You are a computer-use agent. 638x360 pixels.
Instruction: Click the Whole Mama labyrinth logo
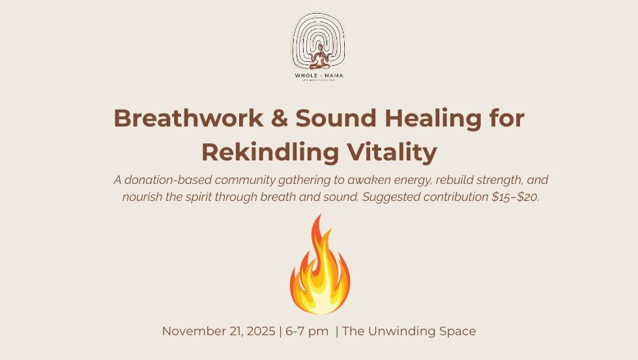coord(318,40)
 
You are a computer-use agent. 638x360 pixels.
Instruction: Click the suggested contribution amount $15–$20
coord(515,197)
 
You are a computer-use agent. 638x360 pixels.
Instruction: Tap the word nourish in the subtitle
coord(142,197)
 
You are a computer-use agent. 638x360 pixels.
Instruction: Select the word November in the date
coord(190,331)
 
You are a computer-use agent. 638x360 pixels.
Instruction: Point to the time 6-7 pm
coord(306,331)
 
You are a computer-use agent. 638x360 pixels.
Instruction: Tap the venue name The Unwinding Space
coord(409,331)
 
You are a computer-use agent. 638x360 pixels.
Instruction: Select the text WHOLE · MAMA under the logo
coord(318,76)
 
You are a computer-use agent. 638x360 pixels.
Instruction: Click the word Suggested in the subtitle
coord(391,197)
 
